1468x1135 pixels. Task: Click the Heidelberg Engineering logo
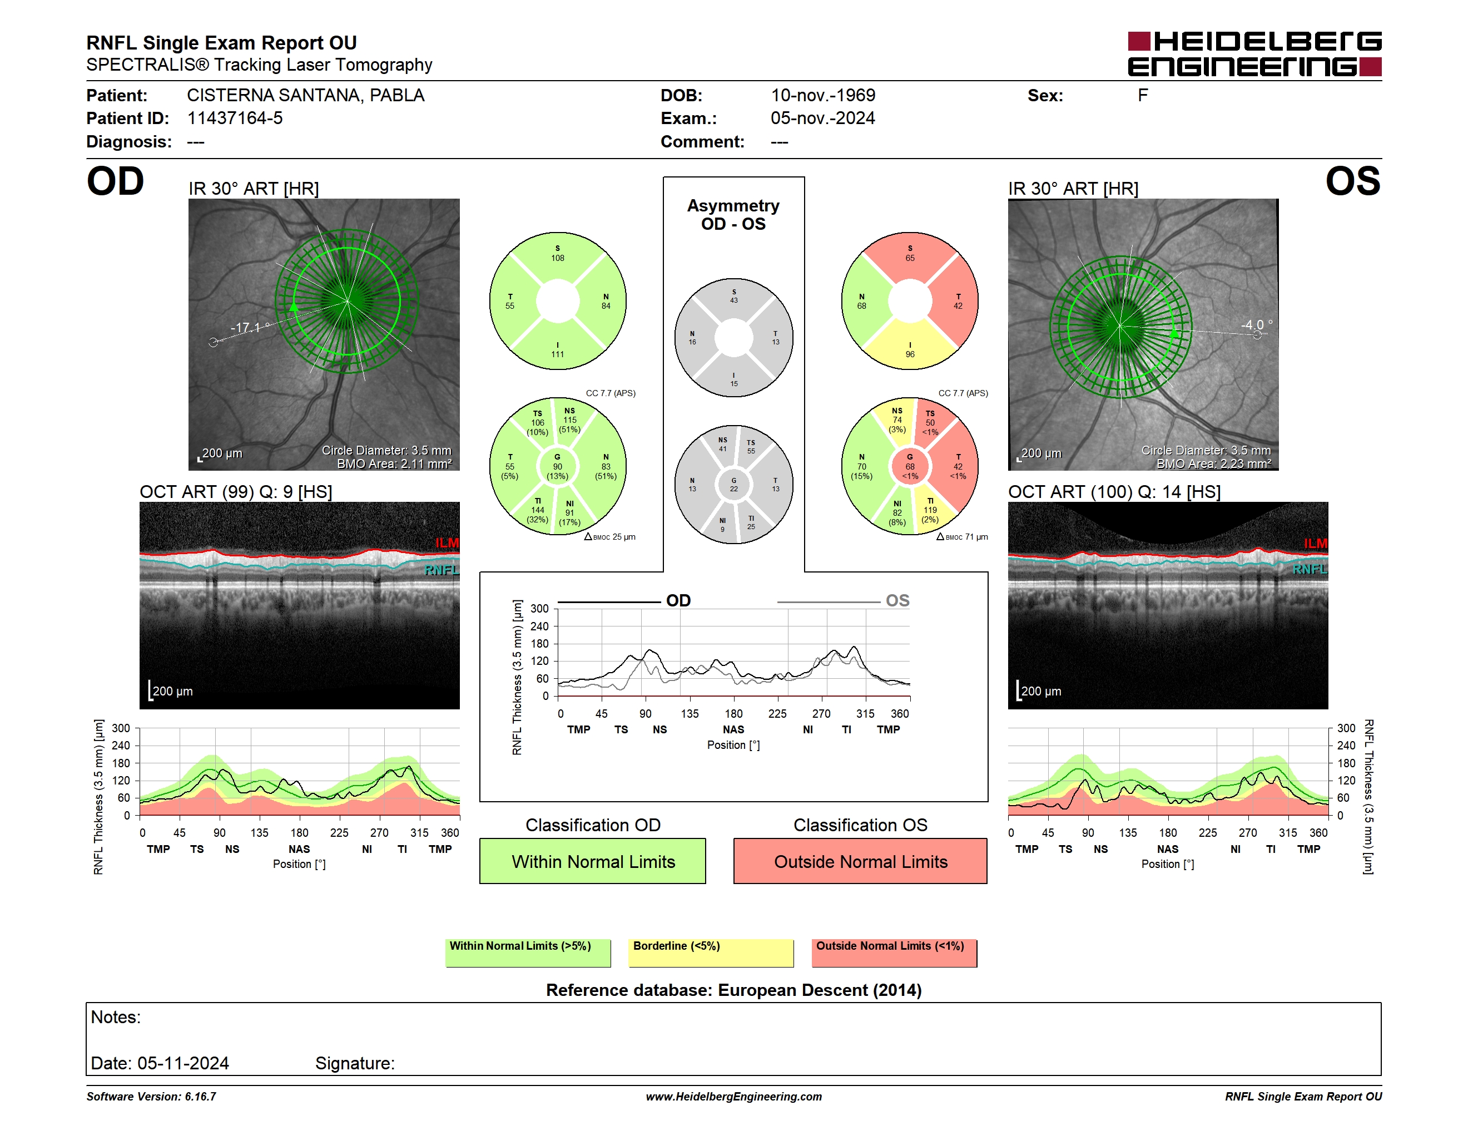1254,54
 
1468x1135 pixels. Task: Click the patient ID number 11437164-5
235,119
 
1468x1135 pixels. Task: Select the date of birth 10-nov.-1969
823,96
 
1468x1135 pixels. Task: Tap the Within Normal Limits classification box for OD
592,861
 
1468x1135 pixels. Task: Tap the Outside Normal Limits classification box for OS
860,861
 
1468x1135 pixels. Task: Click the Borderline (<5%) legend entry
711,952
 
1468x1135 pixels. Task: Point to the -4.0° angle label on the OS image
1256,325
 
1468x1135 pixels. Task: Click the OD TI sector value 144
538,510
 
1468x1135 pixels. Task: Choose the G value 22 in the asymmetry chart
734,489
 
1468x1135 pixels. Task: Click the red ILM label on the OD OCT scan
447,542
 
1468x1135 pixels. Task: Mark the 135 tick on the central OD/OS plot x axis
690,713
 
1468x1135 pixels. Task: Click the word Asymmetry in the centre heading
733,206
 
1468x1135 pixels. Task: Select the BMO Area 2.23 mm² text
1214,463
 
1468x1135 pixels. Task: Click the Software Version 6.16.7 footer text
151,1097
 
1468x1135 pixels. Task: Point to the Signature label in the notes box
355,1063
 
